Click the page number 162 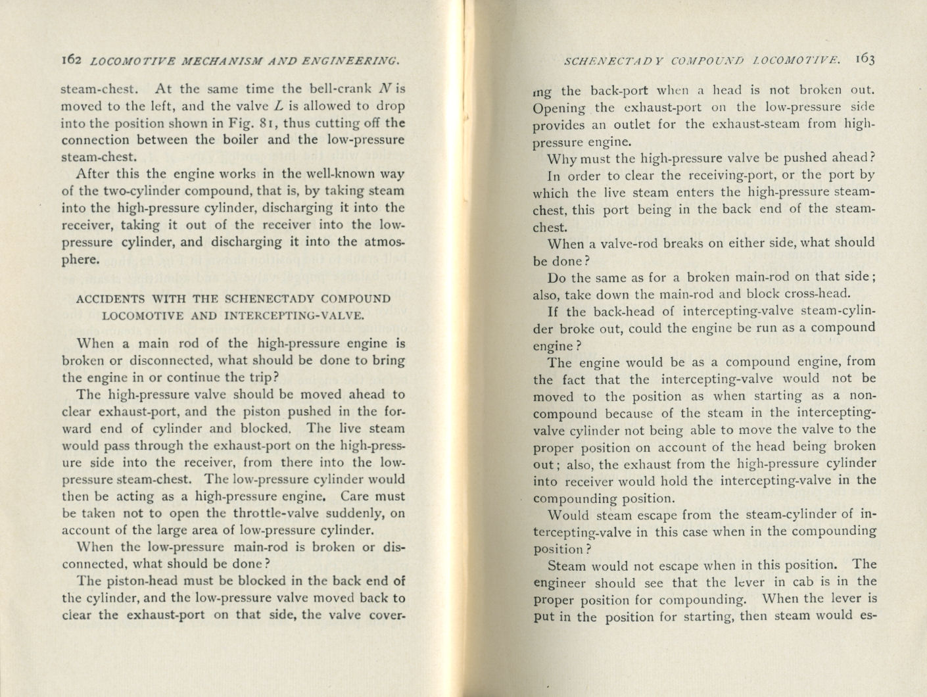click(71, 60)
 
